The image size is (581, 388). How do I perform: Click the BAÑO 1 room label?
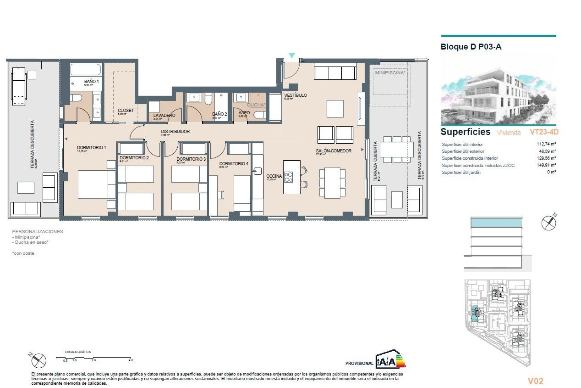(x=91, y=82)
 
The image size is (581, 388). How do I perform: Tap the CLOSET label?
(x=126, y=110)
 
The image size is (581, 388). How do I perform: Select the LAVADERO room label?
(x=164, y=115)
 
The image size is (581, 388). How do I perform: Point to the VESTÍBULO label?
(x=295, y=95)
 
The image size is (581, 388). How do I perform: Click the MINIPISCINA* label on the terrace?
(x=390, y=73)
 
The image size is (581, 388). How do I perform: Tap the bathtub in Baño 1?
(x=86, y=70)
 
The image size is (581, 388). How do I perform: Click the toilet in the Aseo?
(x=260, y=115)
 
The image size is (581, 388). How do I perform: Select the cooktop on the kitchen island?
(x=288, y=177)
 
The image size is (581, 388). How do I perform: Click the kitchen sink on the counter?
(x=258, y=171)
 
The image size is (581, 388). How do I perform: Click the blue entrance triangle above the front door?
(x=292, y=55)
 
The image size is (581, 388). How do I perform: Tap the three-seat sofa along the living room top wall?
(x=335, y=72)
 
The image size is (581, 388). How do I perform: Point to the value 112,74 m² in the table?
(x=546, y=144)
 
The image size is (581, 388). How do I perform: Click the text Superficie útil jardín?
(x=461, y=172)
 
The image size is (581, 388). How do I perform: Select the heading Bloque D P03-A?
(x=471, y=47)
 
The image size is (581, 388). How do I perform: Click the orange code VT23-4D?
(x=544, y=132)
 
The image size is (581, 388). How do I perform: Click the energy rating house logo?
(x=390, y=360)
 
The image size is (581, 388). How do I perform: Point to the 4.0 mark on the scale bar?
(x=131, y=360)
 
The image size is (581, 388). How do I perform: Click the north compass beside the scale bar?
(x=38, y=360)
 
